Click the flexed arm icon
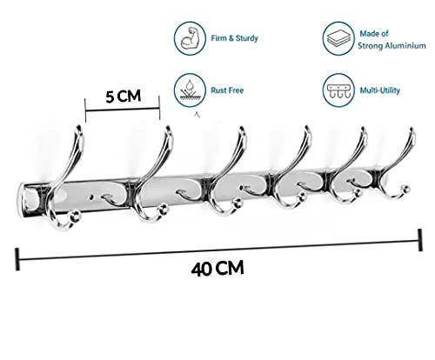(190, 38)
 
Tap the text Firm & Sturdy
(234, 38)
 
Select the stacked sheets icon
(338, 38)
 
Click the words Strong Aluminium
(391, 45)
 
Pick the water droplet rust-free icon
(190, 90)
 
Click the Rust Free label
(227, 90)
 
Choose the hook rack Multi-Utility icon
(338, 90)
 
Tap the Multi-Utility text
(380, 90)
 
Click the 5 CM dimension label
(124, 96)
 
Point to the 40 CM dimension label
(217, 269)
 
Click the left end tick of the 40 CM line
(17, 259)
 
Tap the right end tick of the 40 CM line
(419, 240)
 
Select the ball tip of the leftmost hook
(75, 217)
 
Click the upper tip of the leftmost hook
(79, 128)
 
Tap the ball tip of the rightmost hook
(405, 189)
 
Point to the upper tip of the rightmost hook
(412, 130)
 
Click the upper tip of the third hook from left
(242, 129)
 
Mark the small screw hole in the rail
(92, 197)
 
